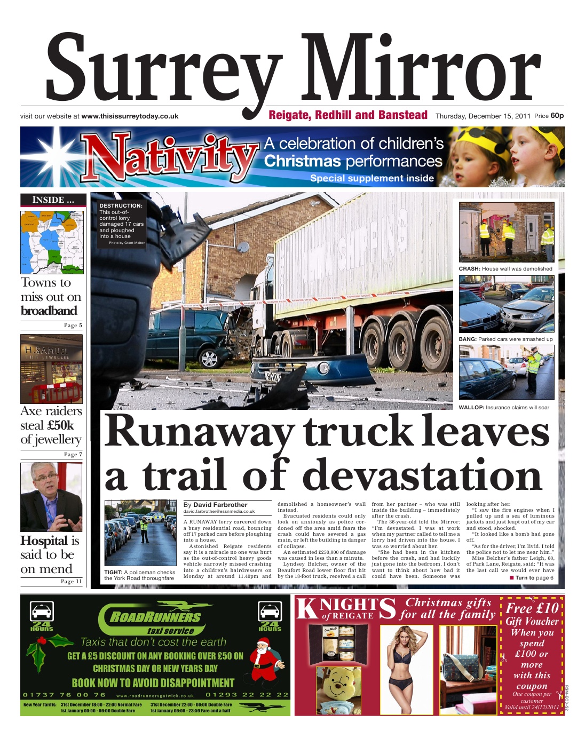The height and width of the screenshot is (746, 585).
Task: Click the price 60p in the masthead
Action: point(557,116)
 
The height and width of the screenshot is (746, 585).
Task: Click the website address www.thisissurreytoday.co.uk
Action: point(130,116)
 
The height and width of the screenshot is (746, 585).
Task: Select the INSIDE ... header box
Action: point(53,200)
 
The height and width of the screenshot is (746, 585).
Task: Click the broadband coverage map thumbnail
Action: point(52,242)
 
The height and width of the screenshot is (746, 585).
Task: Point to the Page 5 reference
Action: point(73,326)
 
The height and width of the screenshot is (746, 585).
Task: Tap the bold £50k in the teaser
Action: point(60,425)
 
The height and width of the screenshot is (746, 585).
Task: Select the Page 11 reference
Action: point(72,582)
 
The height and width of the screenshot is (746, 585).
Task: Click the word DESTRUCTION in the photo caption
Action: point(121,205)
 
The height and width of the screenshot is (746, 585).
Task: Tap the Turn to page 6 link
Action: point(534,578)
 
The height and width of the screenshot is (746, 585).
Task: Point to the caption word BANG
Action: point(468,339)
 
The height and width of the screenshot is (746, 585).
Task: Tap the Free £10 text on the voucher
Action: point(532,608)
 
